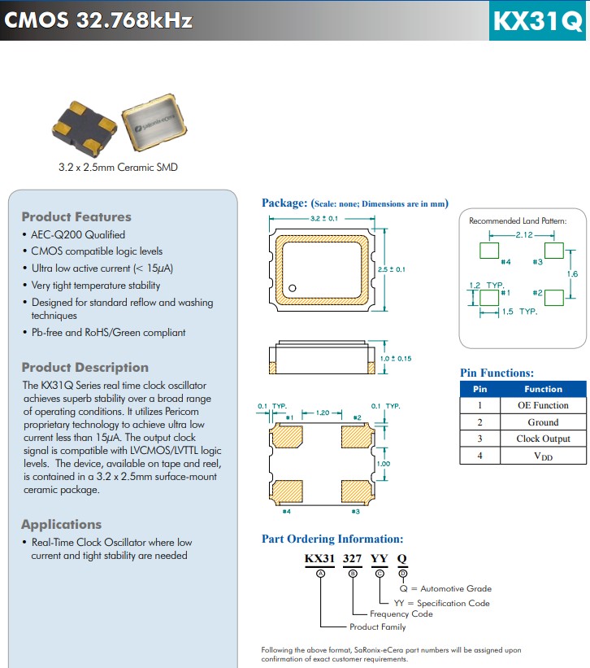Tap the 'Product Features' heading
[x=76, y=216]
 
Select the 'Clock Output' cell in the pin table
[x=543, y=439]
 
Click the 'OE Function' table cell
[x=543, y=405]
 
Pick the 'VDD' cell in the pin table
[x=543, y=456]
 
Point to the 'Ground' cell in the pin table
[x=543, y=422]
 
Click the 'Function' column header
[x=543, y=389]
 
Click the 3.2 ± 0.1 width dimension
[x=323, y=219]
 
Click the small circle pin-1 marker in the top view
[x=293, y=287]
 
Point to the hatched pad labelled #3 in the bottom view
[x=354, y=491]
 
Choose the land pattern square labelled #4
[x=488, y=250]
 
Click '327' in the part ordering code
[x=353, y=559]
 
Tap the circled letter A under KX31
[x=320, y=574]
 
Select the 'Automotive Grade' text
[x=456, y=588]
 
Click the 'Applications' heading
[x=61, y=524]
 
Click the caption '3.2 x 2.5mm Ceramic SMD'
[x=118, y=167]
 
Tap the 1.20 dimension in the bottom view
[x=322, y=413]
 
